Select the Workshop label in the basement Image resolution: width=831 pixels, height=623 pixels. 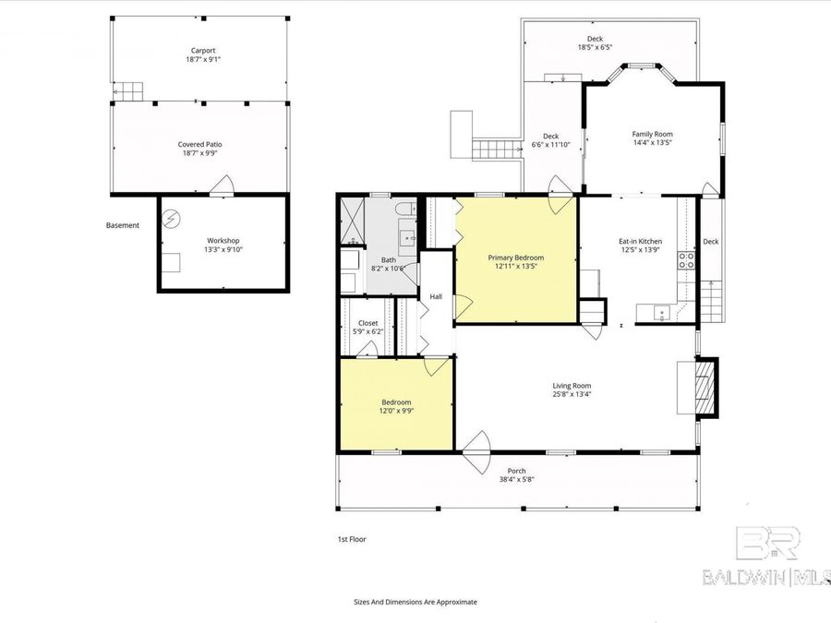[x=223, y=241]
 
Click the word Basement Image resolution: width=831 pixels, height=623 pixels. [x=123, y=225]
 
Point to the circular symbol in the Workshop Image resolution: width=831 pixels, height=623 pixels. [x=171, y=219]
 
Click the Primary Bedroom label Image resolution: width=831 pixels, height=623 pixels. [x=515, y=258]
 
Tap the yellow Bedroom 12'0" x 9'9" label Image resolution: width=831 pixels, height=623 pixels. [x=397, y=402]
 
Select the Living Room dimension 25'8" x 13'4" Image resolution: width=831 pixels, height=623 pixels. [x=572, y=394]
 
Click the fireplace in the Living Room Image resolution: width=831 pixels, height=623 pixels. [x=704, y=386]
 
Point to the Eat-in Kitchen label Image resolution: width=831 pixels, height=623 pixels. [x=640, y=242]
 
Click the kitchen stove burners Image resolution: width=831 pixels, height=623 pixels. [x=687, y=260]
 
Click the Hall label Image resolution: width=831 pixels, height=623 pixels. [x=436, y=296]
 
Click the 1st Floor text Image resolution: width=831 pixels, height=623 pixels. [x=352, y=539]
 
